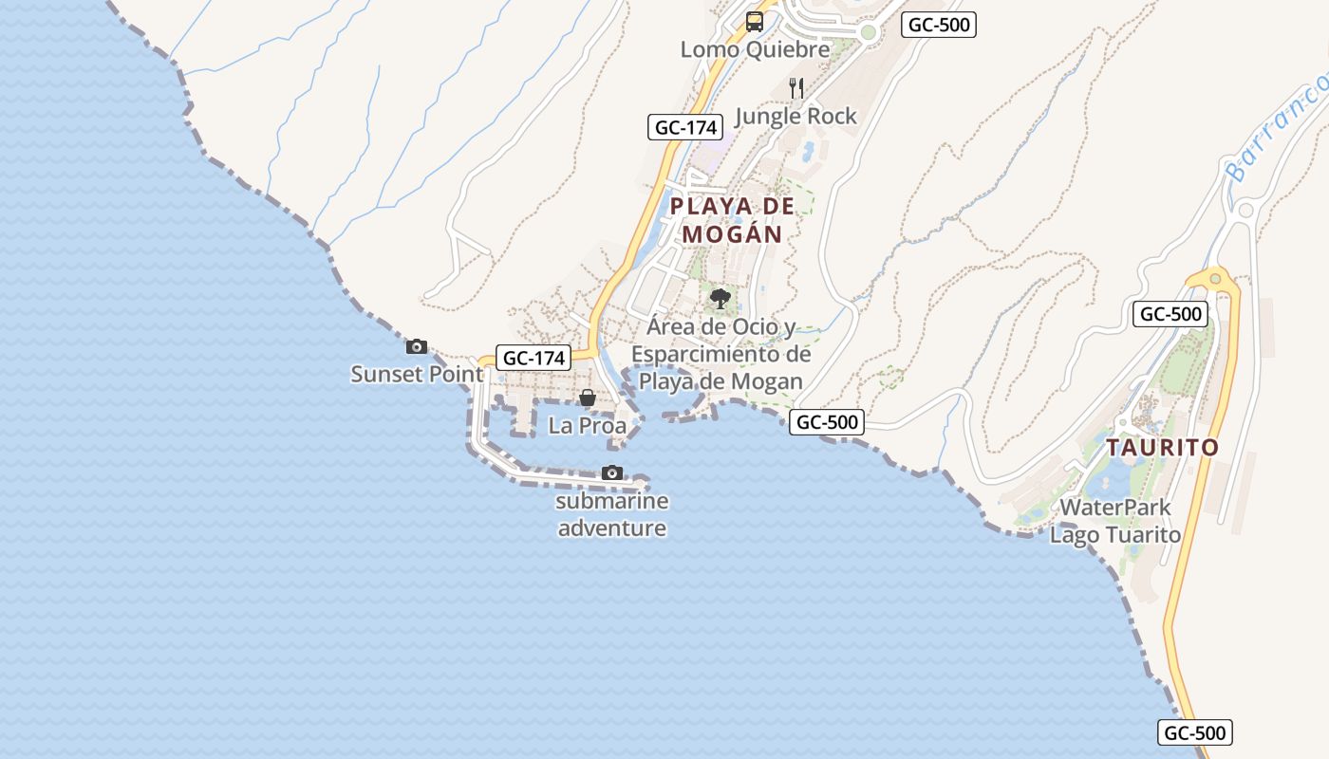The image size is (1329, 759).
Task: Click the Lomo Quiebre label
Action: pos(755,49)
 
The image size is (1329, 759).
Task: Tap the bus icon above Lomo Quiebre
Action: pos(755,21)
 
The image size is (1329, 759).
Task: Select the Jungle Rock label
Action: pos(796,116)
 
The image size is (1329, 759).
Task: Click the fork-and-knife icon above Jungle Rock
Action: pos(796,88)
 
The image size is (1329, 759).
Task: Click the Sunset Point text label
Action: pos(417,374)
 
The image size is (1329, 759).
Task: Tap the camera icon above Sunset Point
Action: pos(417,346)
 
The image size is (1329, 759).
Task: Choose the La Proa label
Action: pos(588,425)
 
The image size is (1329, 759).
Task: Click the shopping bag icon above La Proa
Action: pos(588,398)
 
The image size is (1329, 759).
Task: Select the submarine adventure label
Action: pos(612,514)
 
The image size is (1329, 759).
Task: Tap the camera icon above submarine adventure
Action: pos(612,472)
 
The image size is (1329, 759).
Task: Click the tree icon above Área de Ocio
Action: pos(721,299)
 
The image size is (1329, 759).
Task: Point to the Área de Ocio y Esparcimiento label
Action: pos(721,354)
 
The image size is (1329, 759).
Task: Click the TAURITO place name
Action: pos(1163,447)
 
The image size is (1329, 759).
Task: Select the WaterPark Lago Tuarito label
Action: pos(1115,521)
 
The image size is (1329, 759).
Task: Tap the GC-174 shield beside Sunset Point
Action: pos(533,358)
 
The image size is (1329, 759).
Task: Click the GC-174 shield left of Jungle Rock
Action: pos(685,127)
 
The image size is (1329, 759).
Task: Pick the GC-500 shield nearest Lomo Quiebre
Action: pos(939,25)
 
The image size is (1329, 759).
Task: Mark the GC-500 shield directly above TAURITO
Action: pos(1170,314)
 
